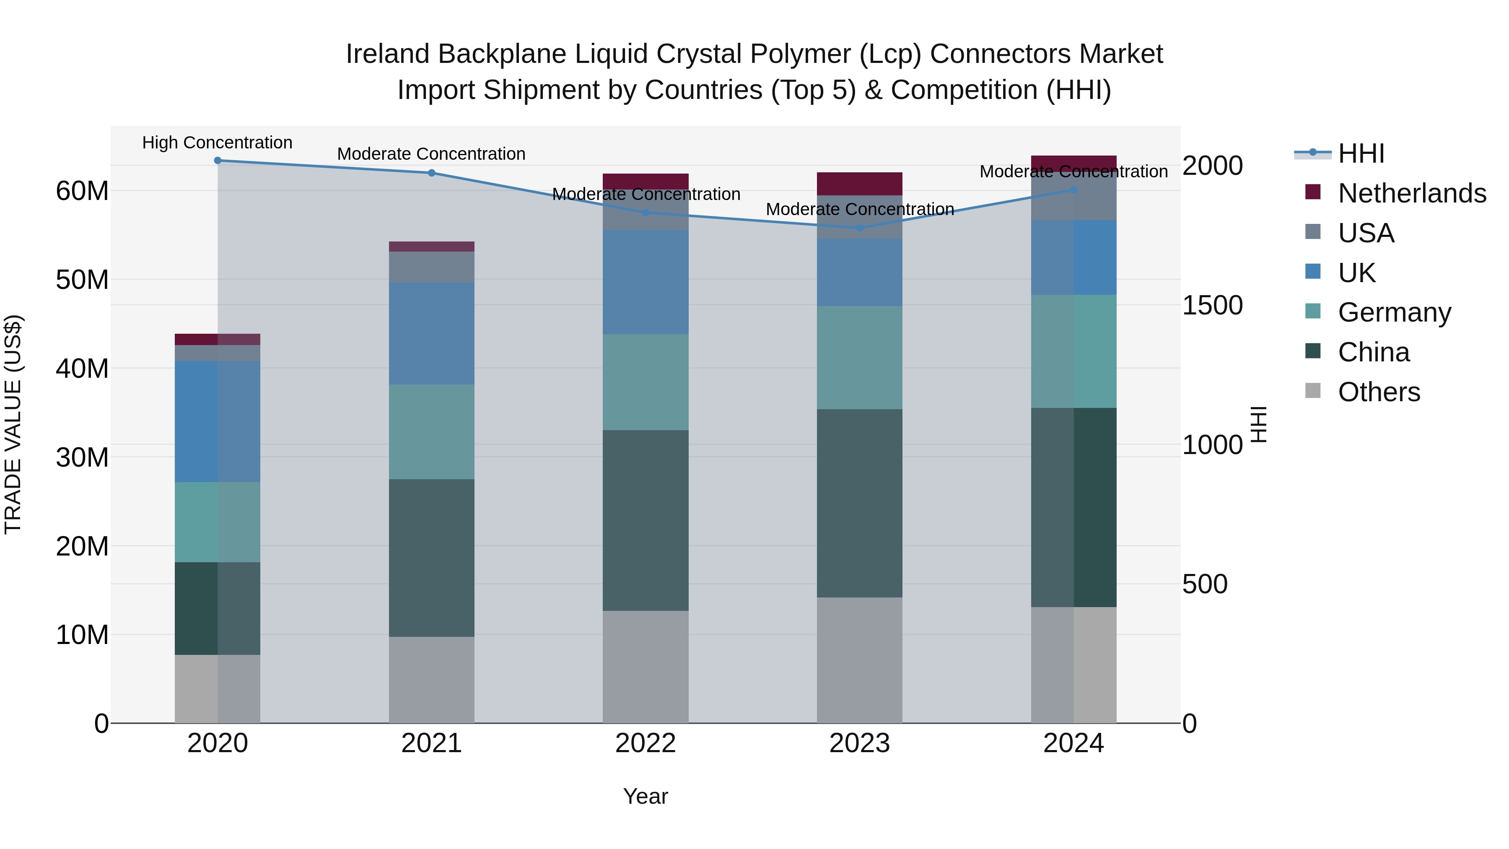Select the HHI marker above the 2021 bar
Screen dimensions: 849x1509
(432, 173)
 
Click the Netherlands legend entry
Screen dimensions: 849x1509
(1412, 193)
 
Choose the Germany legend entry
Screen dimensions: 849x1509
(1394, 312)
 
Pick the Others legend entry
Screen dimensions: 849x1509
(1379, 392)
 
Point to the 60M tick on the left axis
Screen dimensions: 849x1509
(82, 191)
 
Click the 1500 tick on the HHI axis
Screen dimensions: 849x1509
(1212, 305)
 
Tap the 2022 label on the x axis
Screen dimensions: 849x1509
(646, 743)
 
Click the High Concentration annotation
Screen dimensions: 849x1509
(217, 143)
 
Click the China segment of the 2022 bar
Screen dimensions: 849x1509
(646, 520)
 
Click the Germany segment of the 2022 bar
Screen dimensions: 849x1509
(646, 382)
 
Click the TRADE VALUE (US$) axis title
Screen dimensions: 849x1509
(13, 424)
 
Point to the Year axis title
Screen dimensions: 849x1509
(646, 796)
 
